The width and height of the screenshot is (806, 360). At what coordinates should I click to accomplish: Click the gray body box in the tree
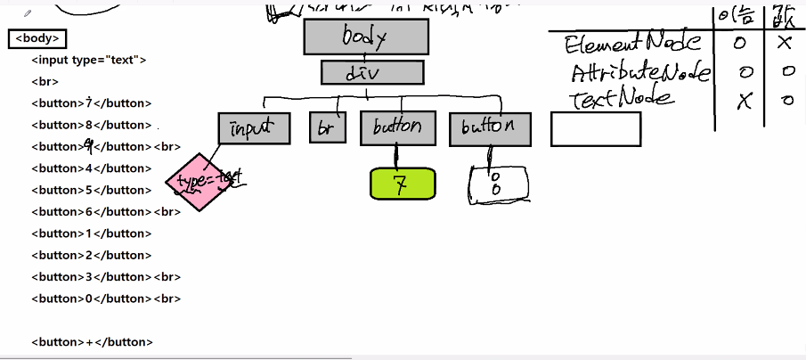366,37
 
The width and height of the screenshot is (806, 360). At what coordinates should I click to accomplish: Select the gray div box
371,72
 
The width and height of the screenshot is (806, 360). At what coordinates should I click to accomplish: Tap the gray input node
254,128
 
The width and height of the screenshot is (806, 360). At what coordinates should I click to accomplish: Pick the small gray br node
327,128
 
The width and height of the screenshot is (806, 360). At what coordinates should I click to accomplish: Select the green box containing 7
403,184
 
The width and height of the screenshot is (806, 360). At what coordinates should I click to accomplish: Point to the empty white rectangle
595,128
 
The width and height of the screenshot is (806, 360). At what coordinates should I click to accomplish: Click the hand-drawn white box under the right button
498,184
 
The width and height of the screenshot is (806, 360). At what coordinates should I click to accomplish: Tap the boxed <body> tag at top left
37,38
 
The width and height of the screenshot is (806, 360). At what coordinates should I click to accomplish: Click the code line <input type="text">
88,60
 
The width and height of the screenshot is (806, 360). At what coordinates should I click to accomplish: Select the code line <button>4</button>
91,168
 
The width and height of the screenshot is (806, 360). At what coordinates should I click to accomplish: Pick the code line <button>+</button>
92,342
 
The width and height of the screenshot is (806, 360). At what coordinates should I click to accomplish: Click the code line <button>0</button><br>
105,299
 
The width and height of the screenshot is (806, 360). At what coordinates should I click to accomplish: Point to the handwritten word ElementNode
633,43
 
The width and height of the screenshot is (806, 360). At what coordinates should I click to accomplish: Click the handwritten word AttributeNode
639,71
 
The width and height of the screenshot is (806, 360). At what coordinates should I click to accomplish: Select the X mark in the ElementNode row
785,42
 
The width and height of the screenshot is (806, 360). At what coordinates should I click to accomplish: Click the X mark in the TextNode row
745,101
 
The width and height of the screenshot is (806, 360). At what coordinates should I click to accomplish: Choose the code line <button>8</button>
91,125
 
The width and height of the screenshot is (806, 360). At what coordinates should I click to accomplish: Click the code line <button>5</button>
91,190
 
